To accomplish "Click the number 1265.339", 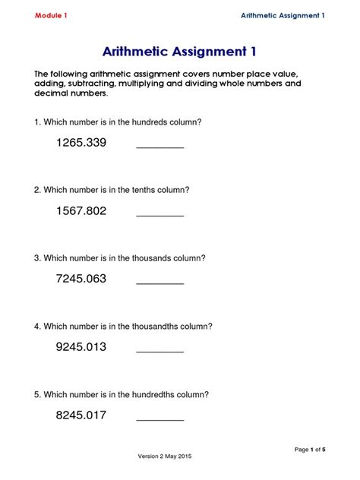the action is click(81, 142).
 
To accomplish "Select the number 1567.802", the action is click(81, 210).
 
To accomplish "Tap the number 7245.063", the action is click(81, 279).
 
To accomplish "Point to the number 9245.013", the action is click(81, 347).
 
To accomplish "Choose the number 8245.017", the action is click(81, 415).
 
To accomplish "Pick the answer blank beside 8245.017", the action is click(159, 418).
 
